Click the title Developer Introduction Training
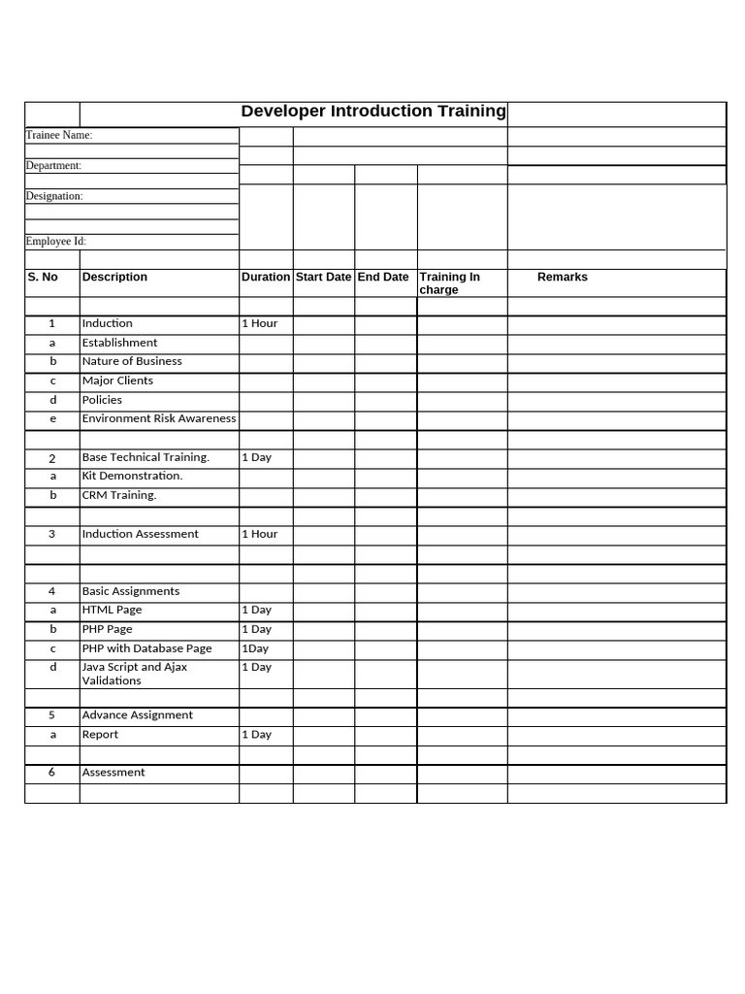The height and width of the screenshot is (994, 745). (373, 111)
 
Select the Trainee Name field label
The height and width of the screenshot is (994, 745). (59, 135)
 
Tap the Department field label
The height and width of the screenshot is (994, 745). (53, 165)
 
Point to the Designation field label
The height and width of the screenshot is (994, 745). (54, 196)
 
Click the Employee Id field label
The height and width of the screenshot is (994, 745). (56, 241)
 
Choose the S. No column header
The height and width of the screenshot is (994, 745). (43, 277)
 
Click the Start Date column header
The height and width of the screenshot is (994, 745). (323, 277)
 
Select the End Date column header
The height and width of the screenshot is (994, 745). (383, 277)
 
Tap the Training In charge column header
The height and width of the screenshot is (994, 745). (449, 282)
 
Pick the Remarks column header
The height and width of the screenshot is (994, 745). (563, 277)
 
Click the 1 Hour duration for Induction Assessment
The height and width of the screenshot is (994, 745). (259, 534)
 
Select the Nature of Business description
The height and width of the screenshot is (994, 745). (132, 361)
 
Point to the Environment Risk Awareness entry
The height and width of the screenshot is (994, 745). (159, 418)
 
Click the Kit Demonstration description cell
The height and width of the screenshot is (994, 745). (132, 476)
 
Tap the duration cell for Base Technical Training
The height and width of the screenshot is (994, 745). (256, 457)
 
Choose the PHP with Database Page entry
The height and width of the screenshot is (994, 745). (146, 648)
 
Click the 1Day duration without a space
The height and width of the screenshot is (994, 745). (255, 648)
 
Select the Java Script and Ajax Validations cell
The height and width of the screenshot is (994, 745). (135, 674)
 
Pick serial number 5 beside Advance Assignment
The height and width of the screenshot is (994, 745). (52, 714)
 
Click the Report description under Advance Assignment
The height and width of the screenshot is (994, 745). (100, 735)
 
